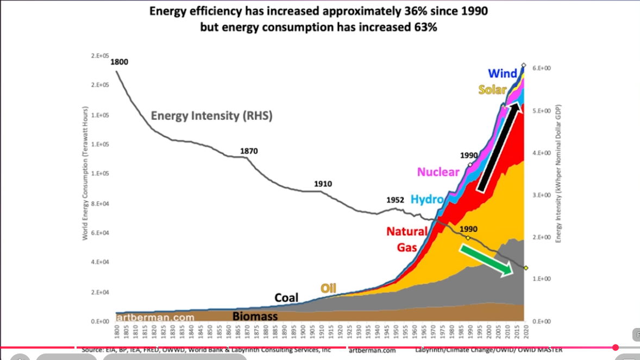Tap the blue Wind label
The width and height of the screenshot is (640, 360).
point(503,73)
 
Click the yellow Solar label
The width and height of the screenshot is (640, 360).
point(492,90)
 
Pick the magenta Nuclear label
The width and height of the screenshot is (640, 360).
point(438,172)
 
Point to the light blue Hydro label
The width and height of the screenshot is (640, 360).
point(427,199)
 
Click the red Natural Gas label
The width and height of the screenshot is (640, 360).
point(406,239)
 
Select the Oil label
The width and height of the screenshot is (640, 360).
point(329,288)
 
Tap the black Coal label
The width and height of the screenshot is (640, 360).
point(286,298)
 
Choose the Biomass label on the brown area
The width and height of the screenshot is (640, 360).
point(255,316)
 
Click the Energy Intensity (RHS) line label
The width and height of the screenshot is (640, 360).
point(211,116)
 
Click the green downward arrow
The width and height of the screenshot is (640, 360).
point(486,260)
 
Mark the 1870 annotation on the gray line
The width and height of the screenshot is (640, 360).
point(249,151)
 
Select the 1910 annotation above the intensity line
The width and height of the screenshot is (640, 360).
point(323,184)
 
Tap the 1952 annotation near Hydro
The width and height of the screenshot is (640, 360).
point(395,199)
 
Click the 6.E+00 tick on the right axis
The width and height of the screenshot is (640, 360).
point(542,68)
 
